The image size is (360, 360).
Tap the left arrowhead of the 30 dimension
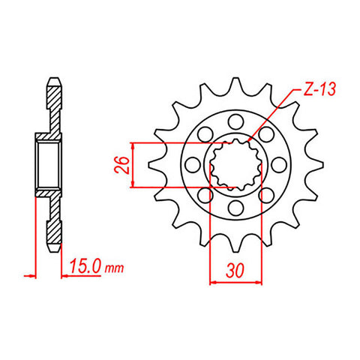(x=212, y=282)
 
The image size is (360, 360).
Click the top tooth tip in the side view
(x=53, y=79)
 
